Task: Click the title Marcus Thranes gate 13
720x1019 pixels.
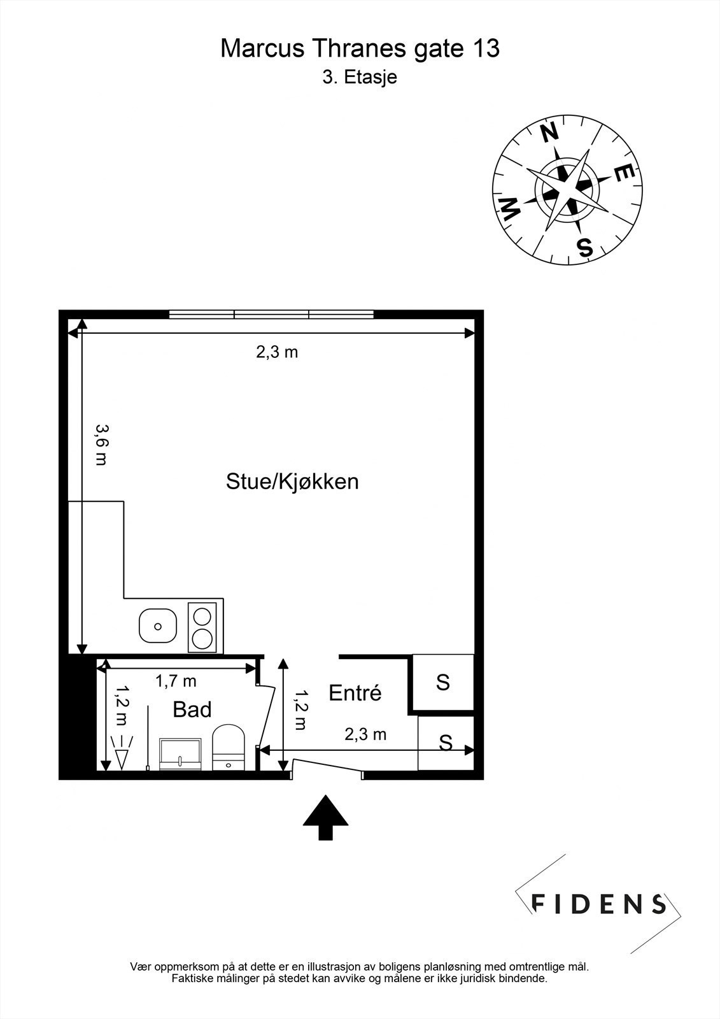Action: [360, 48]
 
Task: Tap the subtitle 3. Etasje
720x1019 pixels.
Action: [360, 78]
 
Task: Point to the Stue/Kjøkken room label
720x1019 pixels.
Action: [292, 481]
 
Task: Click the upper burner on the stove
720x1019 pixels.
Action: [202, 616]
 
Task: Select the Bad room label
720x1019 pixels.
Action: [192, 709]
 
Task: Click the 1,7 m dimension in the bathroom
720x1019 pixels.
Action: [176, 681]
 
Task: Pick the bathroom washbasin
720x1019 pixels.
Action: [180, 754]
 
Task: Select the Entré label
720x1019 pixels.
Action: [355, 693]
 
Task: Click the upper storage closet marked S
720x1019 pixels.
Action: [442, 682]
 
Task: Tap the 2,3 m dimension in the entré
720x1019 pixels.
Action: [365, 734]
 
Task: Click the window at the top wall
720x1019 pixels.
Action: [272, 314]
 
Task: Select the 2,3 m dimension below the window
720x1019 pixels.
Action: [277, 352]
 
